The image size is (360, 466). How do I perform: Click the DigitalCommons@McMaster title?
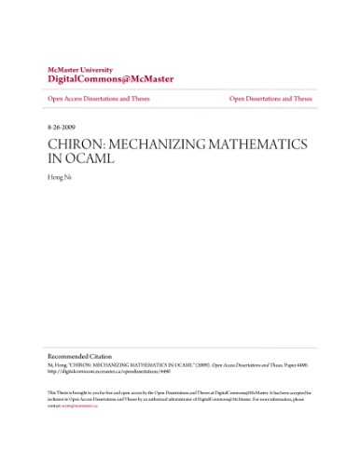pos(98,80)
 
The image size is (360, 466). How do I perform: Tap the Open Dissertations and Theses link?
pos(270,98)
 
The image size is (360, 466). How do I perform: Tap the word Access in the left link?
pos(73,98)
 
